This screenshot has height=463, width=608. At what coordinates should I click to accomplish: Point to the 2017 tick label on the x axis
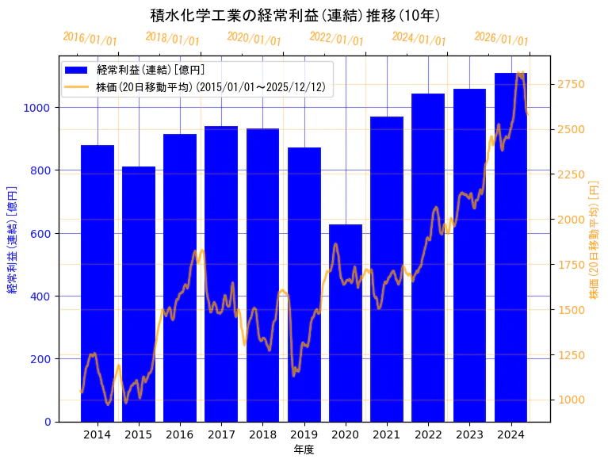(x=221, y=434)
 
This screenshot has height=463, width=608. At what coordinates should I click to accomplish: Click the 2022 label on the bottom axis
(x=428, y=434)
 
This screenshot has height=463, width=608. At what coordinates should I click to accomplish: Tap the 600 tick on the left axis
(x=41, y=234)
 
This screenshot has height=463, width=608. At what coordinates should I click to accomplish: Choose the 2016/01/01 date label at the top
(x=90, y=39)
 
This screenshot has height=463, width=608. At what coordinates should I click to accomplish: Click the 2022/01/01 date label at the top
(x=337, y=39)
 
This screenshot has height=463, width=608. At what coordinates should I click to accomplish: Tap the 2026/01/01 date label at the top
(x=501, y=39)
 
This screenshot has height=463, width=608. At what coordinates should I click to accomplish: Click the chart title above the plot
(x=295, y=15)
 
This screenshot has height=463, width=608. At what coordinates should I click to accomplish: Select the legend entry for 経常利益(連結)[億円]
(x=151, y=70)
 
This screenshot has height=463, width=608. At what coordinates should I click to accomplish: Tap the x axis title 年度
(x=304, y=450)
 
